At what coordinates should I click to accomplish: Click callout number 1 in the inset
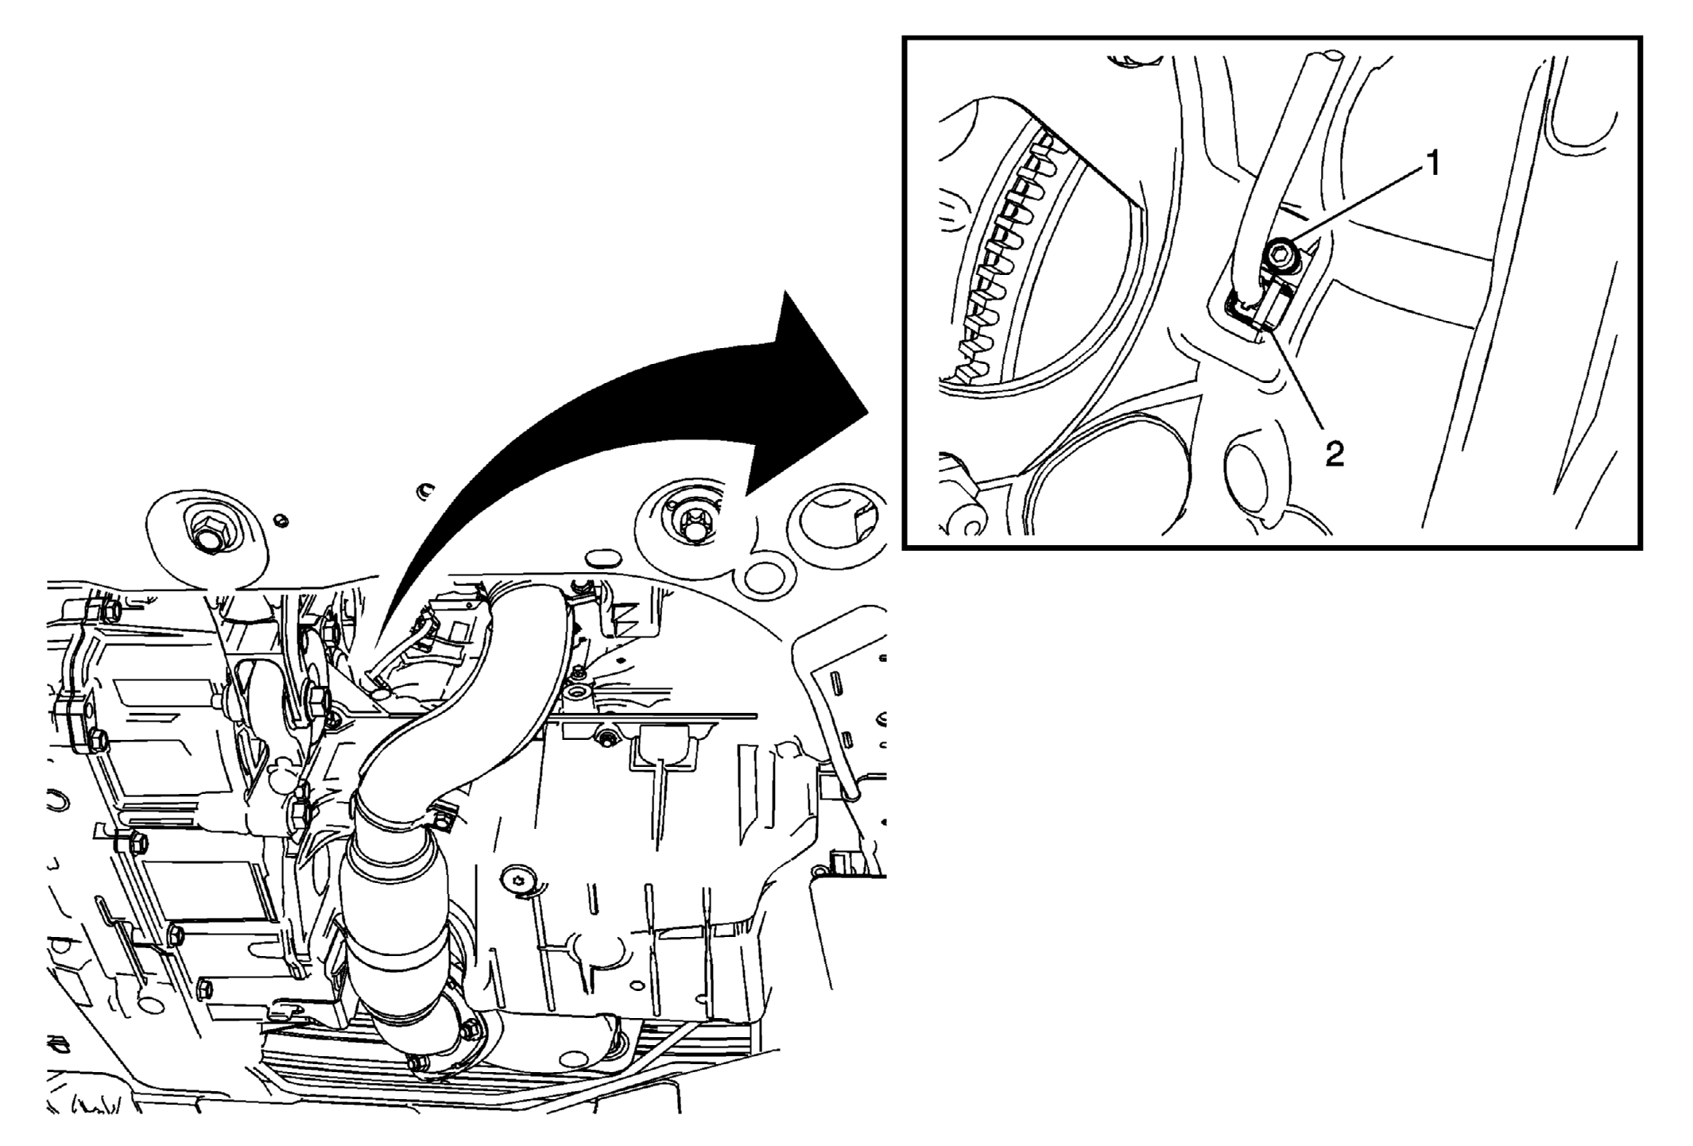click(1432, 165)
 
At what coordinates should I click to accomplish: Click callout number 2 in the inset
click(1334, 454)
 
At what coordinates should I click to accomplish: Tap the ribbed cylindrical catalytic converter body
click(393, 930)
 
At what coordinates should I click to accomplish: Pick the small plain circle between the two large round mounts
click(762, 575)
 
